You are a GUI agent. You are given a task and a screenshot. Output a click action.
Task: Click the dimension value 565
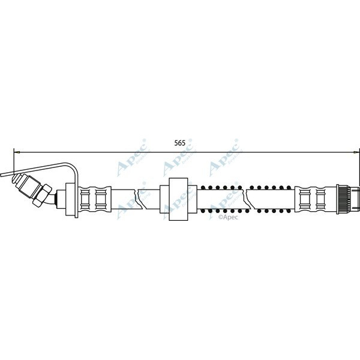[x=179, y=143]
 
